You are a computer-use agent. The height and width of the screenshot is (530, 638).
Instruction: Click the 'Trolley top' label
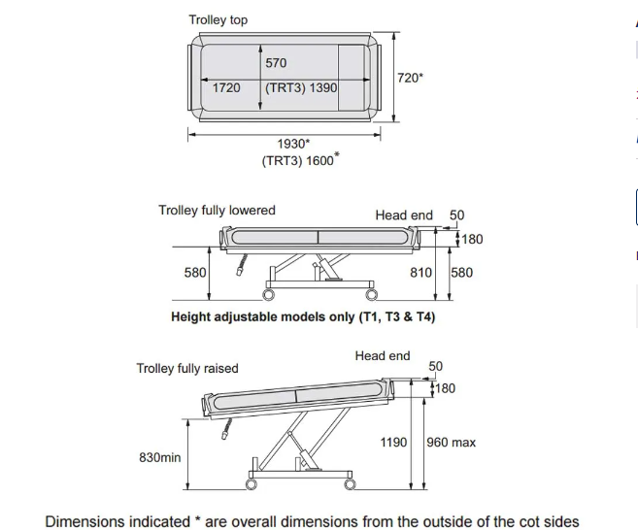pyautogui.click(x=218, y=19)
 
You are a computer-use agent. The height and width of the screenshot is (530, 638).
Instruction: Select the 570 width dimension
pyautogui.click(x=276, y=63)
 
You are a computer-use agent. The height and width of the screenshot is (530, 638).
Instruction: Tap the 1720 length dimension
pyautogui.click(x=226, y=87)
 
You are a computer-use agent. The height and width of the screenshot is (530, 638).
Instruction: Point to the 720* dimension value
pyautogui.click(x=411, y=78)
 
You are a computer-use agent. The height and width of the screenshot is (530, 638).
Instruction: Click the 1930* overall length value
pyautogui.click(x=293, y=145)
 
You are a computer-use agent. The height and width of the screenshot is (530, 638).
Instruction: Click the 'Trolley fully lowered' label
pyautogui.click(x=217, y=210)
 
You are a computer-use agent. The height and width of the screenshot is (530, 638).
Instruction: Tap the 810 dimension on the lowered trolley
pyautogui.click(x=420, y=273)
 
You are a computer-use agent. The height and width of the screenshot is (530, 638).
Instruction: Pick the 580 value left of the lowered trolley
pyautogui.click(x=195, y=273)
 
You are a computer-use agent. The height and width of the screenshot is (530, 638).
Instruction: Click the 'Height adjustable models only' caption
pyautogui.click(x=309, y=316)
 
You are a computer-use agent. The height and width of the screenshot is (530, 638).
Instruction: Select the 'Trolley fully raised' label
pyautogui.click(x=187, y=368)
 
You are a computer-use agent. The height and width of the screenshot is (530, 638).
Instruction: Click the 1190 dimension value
pyautogui.click(x=393, y=443)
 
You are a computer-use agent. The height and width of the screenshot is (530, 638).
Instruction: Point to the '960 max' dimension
pyautogui.click(x=452, y=443)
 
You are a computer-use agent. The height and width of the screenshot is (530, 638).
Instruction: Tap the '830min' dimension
pyautogui.click(x=160, y=456)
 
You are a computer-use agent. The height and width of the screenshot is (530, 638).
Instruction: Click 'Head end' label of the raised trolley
pyautogui.click(x=383, y=356)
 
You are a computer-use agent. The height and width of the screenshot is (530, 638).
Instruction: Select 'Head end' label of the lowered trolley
pyautogui.click(x=404, y=215)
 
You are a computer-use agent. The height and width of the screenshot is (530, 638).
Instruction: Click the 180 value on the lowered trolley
pyautogui.click(x=472, y=239)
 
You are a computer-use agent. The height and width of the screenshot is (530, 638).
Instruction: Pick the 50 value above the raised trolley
pyautogui.click(x=436, y=366)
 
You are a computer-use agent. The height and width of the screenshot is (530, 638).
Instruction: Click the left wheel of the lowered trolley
pyautogui.click(x=267, y=294)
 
